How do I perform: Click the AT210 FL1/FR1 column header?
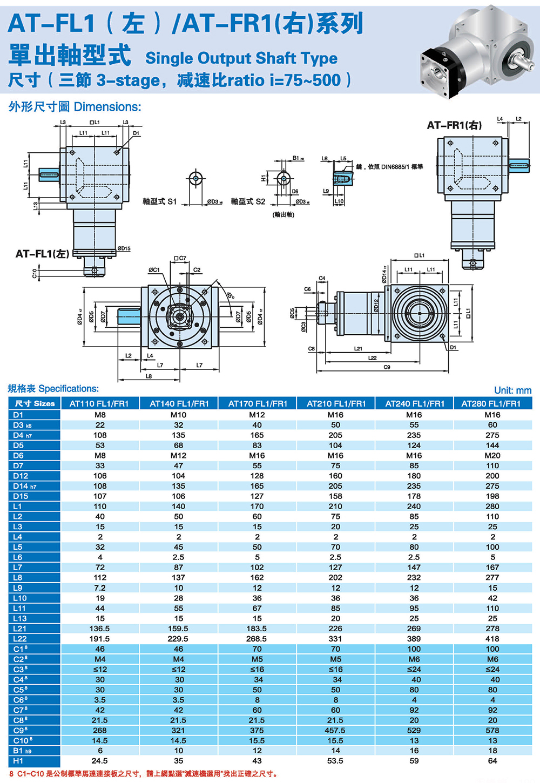coord(336,403)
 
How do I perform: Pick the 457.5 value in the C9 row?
coord(335,730)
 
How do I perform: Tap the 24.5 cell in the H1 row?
coord(100,761)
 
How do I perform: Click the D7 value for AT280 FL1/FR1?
coord(492,465)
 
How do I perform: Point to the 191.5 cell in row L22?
coord(100,639)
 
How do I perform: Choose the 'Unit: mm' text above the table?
coord(512,390)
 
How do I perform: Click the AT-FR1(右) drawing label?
coord(454,125)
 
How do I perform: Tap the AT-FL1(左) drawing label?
coord(42,254)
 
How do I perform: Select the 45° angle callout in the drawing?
coord(231,296)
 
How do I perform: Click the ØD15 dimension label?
coord(124,248)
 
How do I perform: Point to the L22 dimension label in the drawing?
coord(373,358)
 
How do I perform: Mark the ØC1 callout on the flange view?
coord(154,270)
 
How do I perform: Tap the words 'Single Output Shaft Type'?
coord(241,58)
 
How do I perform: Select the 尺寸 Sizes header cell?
coord(35,403)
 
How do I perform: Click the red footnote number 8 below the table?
coord(11,774)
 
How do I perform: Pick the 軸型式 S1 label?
coord(159,201)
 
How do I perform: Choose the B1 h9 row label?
coord(22,751)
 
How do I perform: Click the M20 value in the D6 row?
coord(492,455)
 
